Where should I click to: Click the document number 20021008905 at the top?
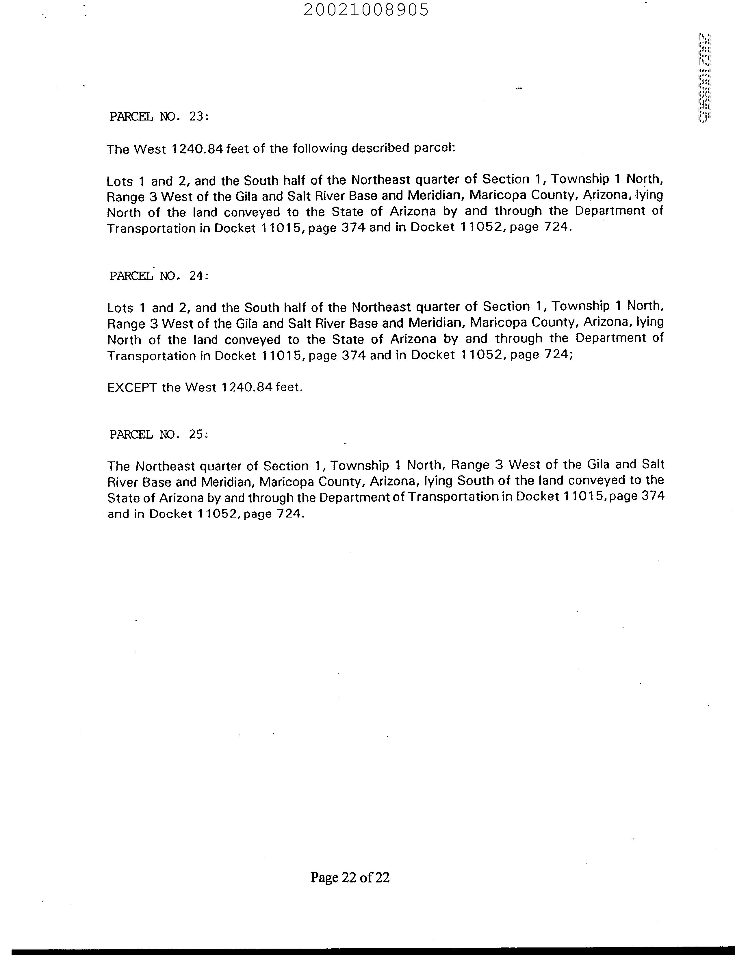click(x=366, y=10)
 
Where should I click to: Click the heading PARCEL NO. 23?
click(x=159, y=116)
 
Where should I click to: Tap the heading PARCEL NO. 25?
click(x=159, y=435)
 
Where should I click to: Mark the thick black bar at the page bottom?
click(x=367, y=948)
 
